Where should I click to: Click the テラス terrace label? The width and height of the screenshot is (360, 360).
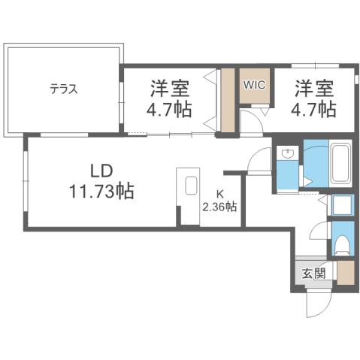(x=64, y=89)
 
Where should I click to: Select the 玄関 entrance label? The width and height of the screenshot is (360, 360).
(x=314, y=274)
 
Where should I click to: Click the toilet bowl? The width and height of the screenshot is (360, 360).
(x=341, y=244)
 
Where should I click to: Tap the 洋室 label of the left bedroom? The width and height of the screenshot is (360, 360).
(x=167, y=88)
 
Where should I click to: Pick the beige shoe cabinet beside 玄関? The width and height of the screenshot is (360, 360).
(x=344, y=274)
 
